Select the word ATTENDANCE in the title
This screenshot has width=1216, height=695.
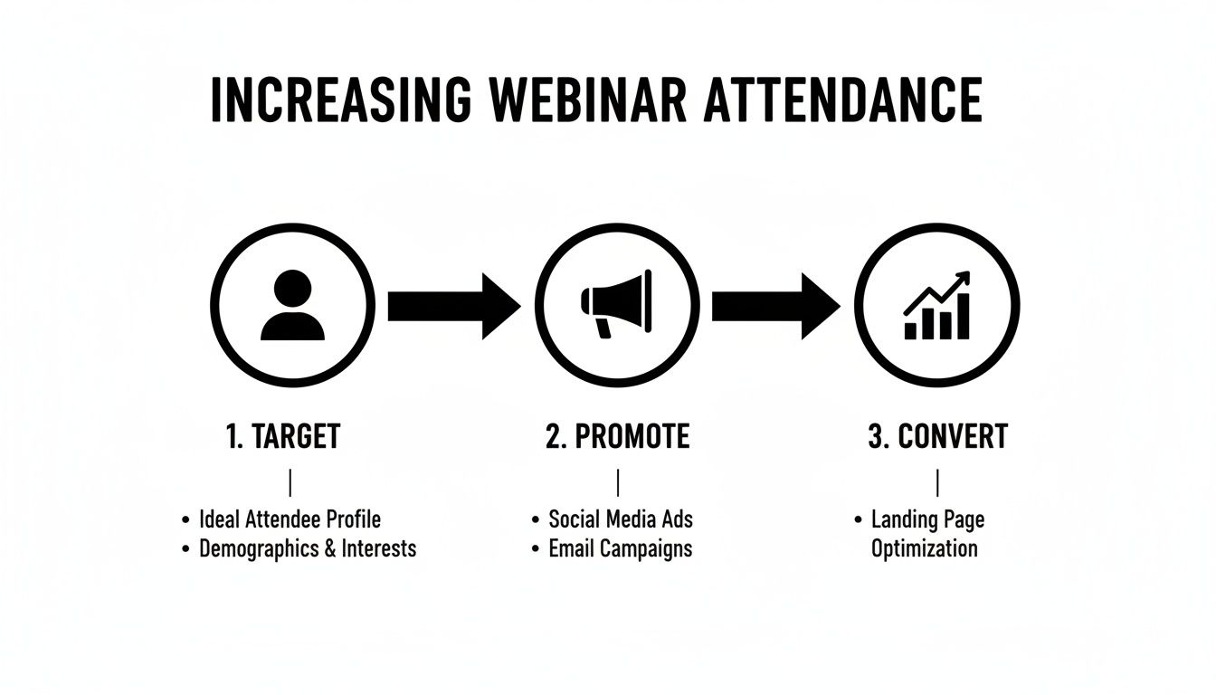pyautogui.click(x=841, y=100)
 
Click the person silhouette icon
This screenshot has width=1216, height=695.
pyautogui.click(x=292, y=306)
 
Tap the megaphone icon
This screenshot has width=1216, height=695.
pyautogui.click(x=615, y=306)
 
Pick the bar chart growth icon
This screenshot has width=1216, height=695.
pyautogui.click(x=937, y=306)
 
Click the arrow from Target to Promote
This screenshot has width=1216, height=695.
pyautogui.click(x=453, y=306)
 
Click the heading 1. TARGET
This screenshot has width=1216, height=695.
pyautogui.click(x=282, y=437)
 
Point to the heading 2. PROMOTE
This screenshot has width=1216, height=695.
pyautogui.click(x=618, y=437)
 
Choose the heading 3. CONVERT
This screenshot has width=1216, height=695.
pyautogui.click(x=937, y=437)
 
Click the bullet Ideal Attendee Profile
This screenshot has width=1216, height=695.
pyautogui.click(x=290, y=519)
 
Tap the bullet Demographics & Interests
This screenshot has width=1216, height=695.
pyautogui.click(x=308, y=548)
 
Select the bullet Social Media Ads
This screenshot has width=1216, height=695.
pyautogui.click(x=621, y=519)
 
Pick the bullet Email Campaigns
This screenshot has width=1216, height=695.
pyautogui.click(x=620, y=548)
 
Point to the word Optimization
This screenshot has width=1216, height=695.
pyautogui.click(x=924, y=548)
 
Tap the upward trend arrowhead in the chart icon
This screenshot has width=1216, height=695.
pyautogui.click(x=963, y=278)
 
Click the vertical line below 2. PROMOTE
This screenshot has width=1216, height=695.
pyautogui.click(x=617, y=482)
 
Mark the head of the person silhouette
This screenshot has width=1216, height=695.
pyautogui.click(x=292, y=289)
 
